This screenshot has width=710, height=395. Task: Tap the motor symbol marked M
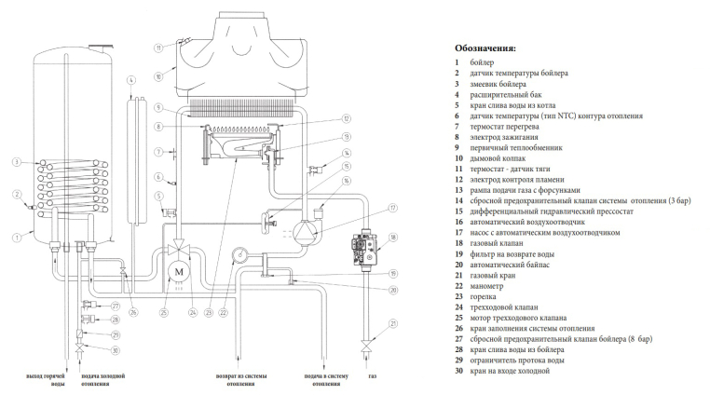(x=178, y=270)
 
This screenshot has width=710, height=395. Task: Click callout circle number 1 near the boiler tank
(x=17, y=238)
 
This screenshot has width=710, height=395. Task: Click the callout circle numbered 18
(x=393, y=238)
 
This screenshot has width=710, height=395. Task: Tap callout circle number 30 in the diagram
(x=116, y=350)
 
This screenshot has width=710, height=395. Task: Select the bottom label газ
(x=372, y=378)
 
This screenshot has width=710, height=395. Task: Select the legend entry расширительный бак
(x=512, y=94)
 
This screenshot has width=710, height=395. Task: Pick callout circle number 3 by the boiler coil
(x=17, y=162)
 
